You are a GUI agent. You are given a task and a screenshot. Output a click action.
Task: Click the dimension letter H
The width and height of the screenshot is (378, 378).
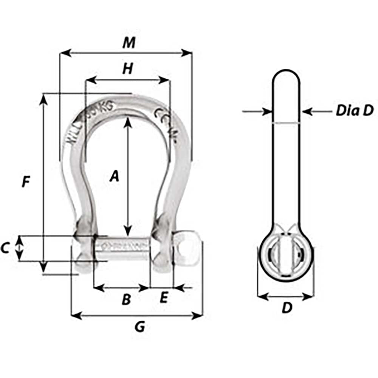pos(128,69)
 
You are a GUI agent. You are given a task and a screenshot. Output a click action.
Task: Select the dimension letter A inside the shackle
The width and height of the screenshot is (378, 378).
pos(114,177)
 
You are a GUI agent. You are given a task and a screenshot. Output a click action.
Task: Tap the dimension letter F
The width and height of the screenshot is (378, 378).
pos(25,182)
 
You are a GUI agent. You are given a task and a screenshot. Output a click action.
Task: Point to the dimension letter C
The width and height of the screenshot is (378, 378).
pos(5,248)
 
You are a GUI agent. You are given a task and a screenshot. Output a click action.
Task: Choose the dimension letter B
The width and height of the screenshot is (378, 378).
pos(126,300)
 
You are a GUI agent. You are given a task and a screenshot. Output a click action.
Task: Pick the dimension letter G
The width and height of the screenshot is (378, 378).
pos(140,327)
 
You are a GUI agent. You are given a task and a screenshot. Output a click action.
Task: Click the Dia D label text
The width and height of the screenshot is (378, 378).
pos(354,111)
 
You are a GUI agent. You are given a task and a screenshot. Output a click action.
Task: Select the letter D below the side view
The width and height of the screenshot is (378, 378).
pos(287,308)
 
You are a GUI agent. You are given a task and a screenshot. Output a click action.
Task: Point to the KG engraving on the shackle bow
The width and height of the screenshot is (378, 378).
pos(107,107)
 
